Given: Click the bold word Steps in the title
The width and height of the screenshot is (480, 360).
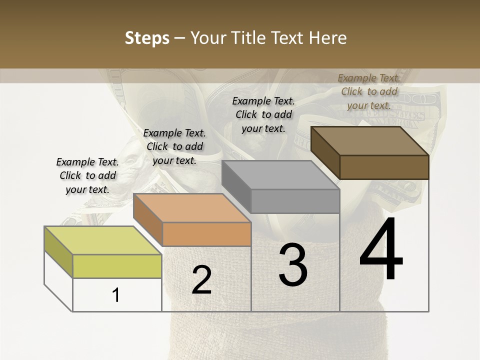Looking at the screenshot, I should [147, 38].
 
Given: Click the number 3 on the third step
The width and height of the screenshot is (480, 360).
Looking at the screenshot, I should [293, 264].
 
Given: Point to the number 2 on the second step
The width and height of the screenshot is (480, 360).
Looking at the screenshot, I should [201, 280].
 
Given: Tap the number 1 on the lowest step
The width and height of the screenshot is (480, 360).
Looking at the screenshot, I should [116, 295].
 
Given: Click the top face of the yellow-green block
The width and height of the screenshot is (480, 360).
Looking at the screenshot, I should [102, 240].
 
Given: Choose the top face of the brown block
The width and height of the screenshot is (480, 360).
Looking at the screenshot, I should [369, 141].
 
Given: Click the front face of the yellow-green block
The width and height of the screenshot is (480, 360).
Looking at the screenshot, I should [117, 266].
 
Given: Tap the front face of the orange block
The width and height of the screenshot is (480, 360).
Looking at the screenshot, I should [206, 234].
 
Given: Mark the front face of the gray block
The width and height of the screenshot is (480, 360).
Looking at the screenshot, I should [295, 201].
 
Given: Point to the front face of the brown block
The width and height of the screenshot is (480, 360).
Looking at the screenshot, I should [384, 167].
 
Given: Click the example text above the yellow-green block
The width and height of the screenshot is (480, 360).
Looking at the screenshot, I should [87, 175].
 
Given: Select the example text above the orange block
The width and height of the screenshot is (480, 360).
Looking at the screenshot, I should [174, 146].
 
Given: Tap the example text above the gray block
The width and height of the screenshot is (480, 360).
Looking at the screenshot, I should [263, 114].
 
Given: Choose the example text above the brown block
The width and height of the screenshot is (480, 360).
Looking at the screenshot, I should [369, 91].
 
